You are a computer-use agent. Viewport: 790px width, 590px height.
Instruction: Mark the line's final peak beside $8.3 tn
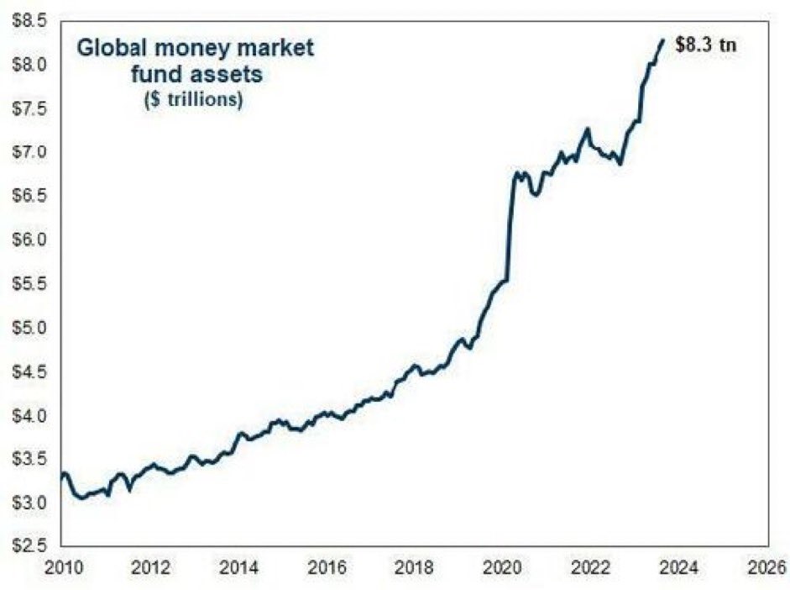pos(663,40)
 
